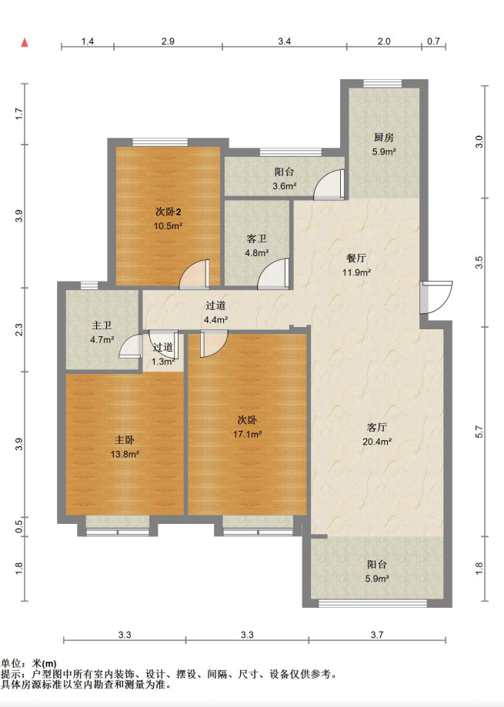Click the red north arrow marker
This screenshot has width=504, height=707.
25,43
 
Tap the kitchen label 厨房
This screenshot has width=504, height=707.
384,138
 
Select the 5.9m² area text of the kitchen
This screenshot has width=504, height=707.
384,152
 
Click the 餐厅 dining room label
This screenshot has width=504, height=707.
356,258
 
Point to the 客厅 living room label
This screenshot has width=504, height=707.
377,427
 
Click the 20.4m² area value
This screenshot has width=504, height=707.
377,442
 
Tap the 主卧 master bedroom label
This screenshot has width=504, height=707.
125,439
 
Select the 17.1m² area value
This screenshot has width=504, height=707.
247,434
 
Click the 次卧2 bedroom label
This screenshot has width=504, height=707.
169,212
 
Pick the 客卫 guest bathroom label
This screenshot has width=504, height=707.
256,238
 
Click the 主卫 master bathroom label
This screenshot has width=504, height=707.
102,325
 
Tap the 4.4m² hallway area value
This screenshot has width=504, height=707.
215,320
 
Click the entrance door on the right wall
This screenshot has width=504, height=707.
436,297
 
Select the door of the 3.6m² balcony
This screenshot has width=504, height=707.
329,185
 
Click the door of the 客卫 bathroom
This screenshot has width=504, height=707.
273,274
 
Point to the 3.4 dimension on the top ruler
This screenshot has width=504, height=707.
285,42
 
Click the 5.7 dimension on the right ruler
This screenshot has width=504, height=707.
479,432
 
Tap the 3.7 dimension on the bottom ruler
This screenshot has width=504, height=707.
377,635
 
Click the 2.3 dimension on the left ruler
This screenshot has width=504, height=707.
19,329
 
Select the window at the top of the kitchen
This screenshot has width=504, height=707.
382,83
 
